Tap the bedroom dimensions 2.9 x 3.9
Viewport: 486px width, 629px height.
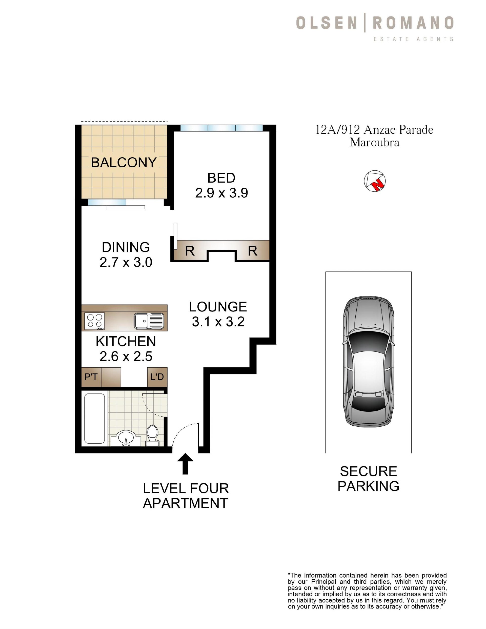[x=221, y=193]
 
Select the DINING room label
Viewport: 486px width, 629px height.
[x=126, y=247]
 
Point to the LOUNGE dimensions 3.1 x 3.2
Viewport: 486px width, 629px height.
[x=218, y=322]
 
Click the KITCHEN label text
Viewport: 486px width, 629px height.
[x=126, y=342]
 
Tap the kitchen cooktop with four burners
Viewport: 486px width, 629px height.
[x=95, y=321]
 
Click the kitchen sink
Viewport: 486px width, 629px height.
[x=149, y=321]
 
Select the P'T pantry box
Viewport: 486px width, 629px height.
[x=91, y=377]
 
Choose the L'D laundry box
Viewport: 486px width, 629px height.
[x=157, y=377]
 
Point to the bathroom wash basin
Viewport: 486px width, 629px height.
[x=126, y=438]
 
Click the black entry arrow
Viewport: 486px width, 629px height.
[x=186, y=463]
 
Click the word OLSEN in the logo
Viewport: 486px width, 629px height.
[x=327, y=23]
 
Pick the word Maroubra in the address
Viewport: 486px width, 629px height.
[x=375, y=143]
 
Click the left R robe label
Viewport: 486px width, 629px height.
[x=190, y=251]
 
